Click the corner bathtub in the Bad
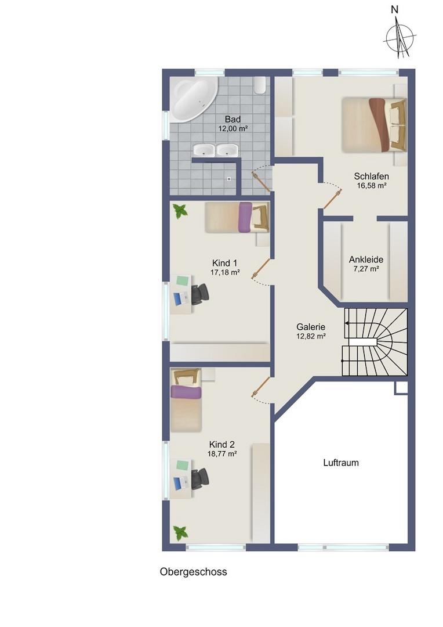pyautogui.click(x=193, y=99)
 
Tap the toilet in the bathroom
pyautogui.click(x=260, y=85)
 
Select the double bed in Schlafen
pyautogui.click(x=374, y=125)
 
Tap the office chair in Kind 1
pyautogui.click(x=199, y=294)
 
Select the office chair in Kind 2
pyautogui.click(x=199, y=478)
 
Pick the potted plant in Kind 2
pyautogui.click(x=180, y=532)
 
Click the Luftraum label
pyautogui.click(x=341, y=463)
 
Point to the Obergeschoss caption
pyautogui.click(x=193, y=572)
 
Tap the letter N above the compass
pyautogui.click(x=395, y=10)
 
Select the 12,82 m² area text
pyautogui.click(x=311, y=336)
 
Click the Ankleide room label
pyautogui.click(x=366, y=259)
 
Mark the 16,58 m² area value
pyautogui.click(x=372, y=186)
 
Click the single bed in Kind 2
pyautogui.click(x=186, y=400)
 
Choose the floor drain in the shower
pyautogui.click(x=229, y=179)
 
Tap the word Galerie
pyautogui.click(x=311, y=327)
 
